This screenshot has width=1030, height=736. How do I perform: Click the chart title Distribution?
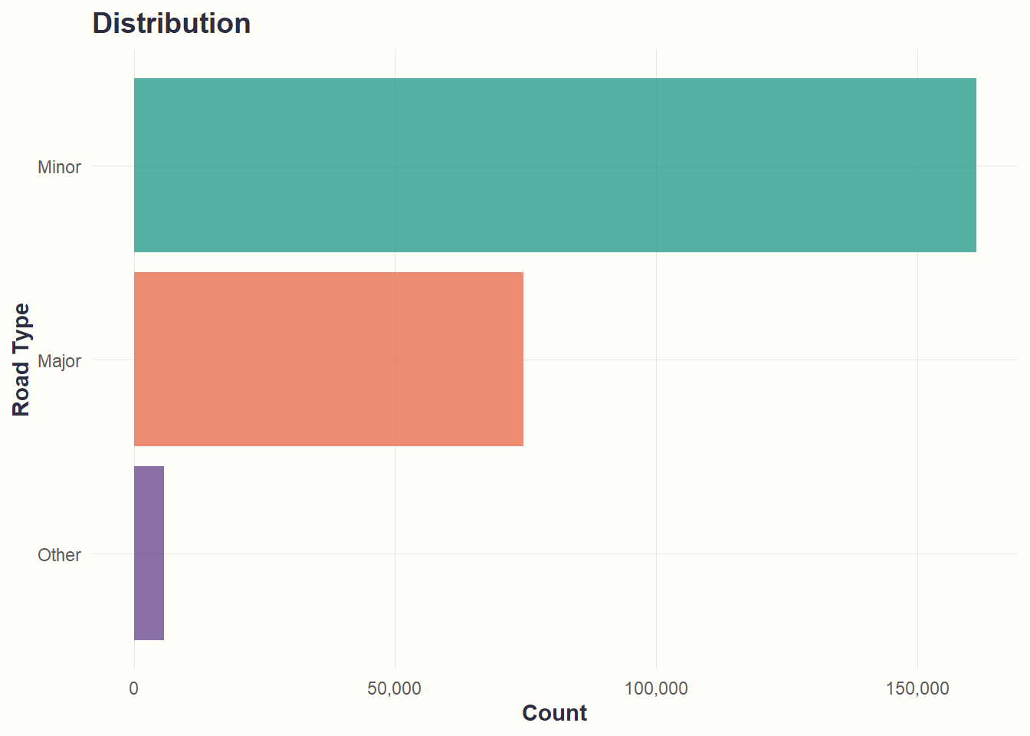[x=171, y=24]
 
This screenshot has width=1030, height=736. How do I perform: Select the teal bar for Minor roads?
[x=555, y=165]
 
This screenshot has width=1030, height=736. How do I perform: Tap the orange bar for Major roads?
[x=328, y=359]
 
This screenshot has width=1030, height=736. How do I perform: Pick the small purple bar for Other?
[x=149, y=553]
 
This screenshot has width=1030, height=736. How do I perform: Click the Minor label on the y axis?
[x=59, y=167]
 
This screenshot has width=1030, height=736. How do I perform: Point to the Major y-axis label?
[x=59, y=361]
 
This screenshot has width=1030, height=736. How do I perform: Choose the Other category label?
[x=59, y=555]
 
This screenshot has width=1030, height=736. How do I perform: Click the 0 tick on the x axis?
[x=134, y=688]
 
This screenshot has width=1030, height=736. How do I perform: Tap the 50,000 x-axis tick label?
[x=394, y=688]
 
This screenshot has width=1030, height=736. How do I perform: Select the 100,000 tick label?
[x=656, y=688]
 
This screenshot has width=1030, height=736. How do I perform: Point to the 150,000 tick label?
[x=917, y=688]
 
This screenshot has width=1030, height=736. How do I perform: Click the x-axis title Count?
[x=554, y=713]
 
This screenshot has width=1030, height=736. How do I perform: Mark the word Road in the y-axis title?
[x=21, y=391]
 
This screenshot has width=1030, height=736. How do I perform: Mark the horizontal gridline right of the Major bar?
[x=766, y=360]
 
